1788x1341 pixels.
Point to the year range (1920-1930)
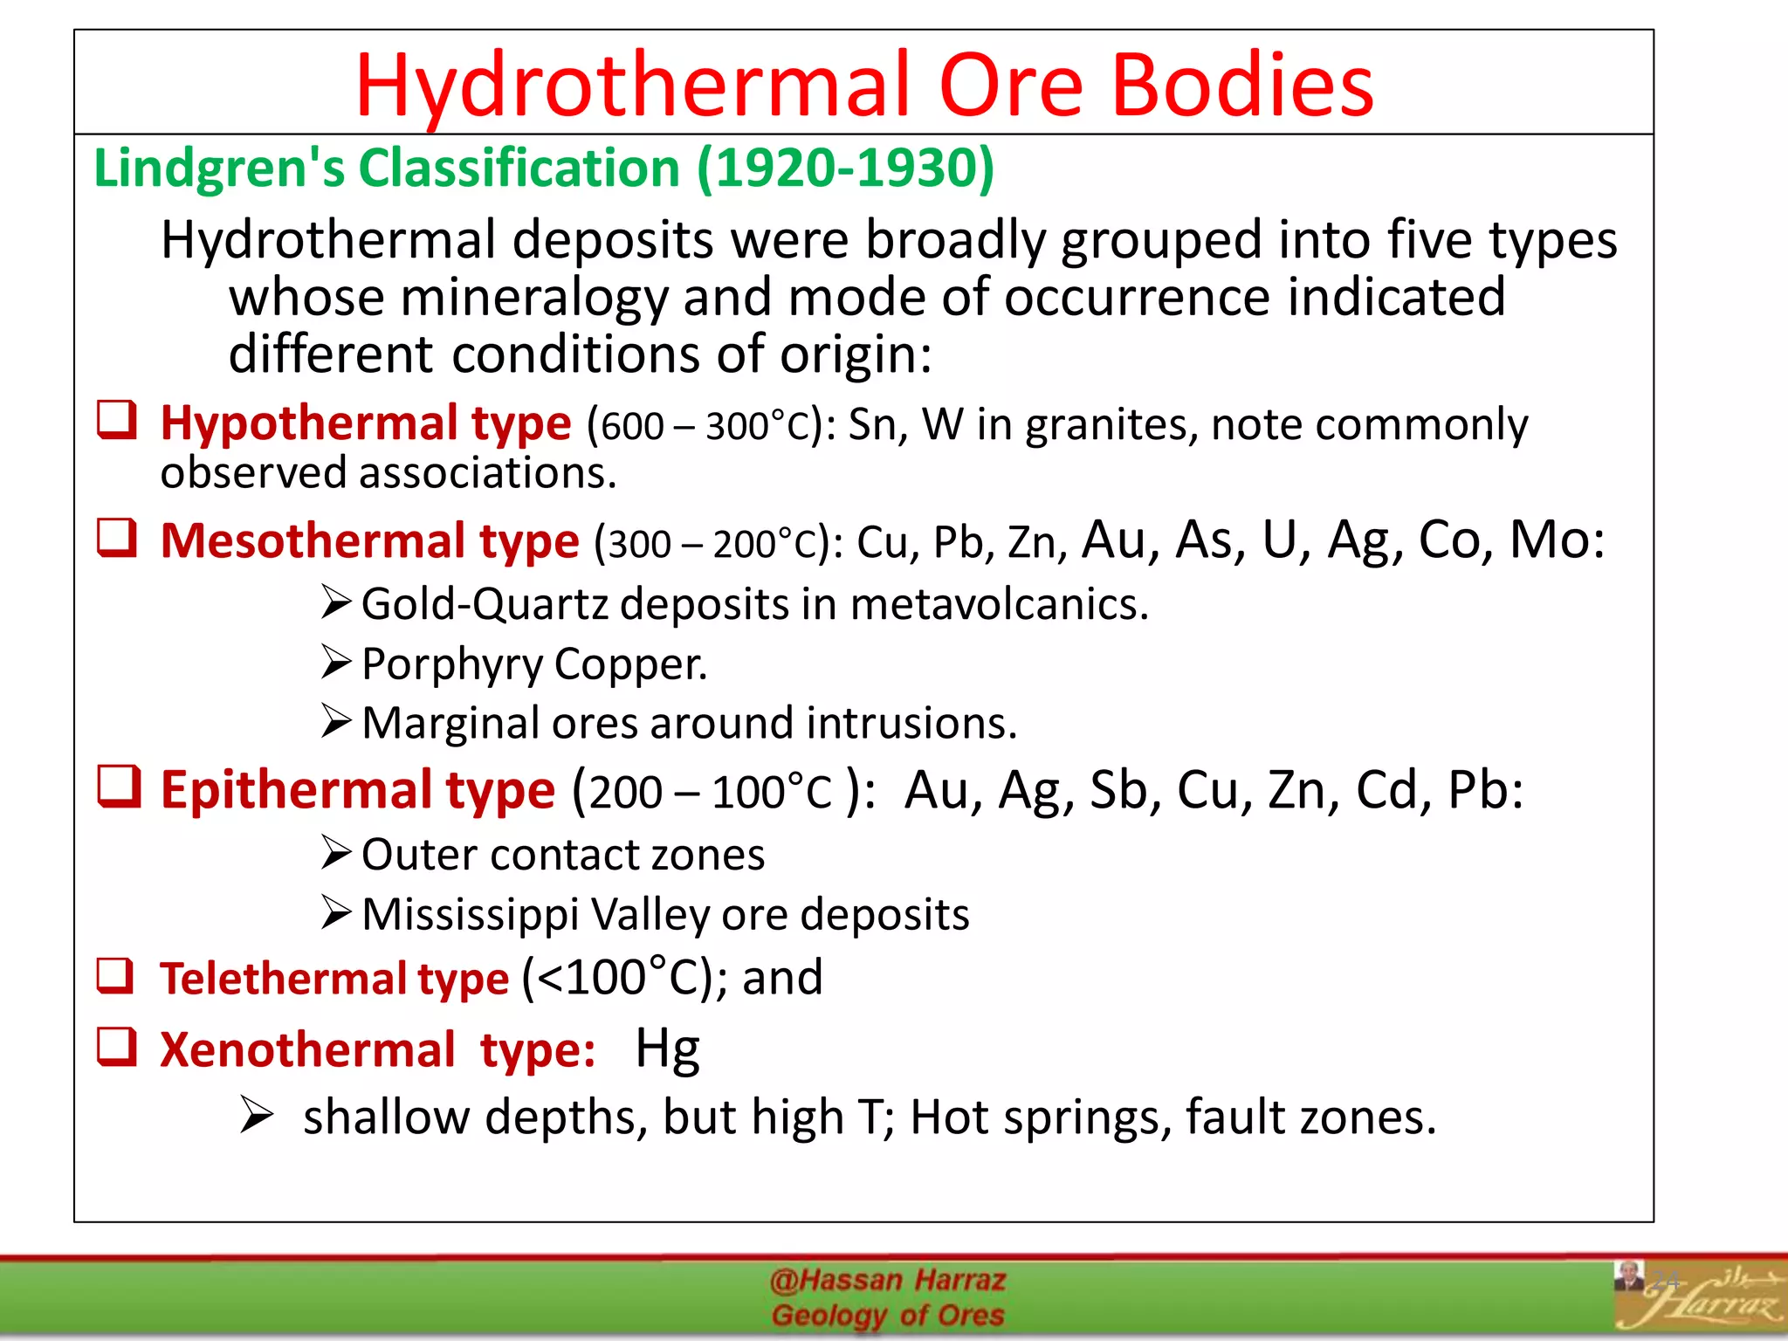846,168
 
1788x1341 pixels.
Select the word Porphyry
451,664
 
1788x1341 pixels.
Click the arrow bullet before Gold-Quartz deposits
336,602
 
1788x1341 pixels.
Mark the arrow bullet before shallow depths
257,1116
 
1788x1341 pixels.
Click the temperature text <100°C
611,977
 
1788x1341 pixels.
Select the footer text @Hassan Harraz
887,1281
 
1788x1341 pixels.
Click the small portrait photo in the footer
1627,1276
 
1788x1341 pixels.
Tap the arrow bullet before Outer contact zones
336,852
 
